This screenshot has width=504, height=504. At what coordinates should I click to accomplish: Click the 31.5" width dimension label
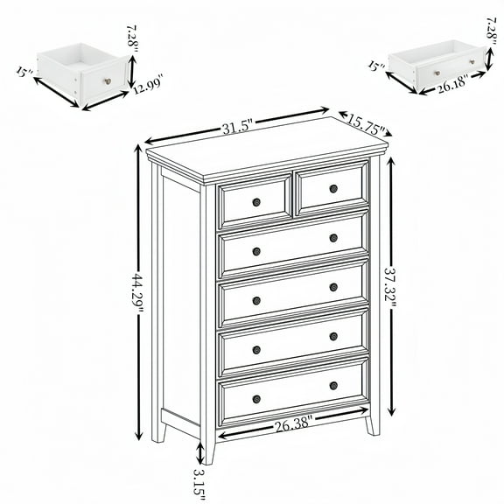234,129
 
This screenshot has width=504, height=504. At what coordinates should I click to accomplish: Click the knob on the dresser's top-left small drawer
256,203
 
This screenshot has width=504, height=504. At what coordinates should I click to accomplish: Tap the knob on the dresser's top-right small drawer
333,188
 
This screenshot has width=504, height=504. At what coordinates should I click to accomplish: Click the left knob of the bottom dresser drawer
256,399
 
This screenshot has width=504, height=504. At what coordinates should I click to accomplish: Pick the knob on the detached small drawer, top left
108,81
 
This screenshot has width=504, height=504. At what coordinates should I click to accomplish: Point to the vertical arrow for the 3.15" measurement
200,453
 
